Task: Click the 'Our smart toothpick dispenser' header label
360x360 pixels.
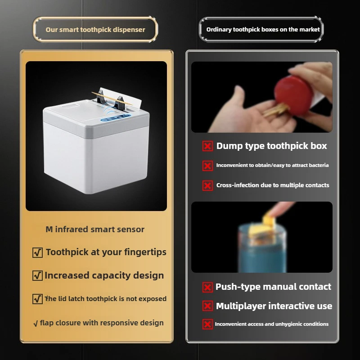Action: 95,30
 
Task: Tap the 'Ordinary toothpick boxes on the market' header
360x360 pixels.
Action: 263,30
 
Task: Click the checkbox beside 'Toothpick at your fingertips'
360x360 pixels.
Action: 38,253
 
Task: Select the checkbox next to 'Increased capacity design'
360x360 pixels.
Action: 38,276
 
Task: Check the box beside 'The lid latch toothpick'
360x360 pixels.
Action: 38,299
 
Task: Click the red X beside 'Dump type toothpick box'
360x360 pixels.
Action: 207,146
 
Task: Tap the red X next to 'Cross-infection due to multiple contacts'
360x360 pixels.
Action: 207,185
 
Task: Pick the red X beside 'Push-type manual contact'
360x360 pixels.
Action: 207,287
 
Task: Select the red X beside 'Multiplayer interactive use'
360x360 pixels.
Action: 207,306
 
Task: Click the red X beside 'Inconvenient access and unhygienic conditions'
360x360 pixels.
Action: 207,324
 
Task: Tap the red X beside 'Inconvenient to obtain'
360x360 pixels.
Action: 207,166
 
